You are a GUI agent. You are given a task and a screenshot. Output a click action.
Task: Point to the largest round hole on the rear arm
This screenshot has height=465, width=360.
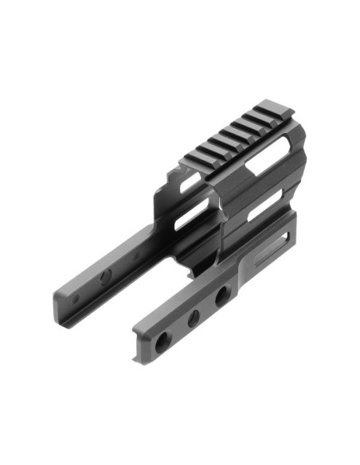tap(105, 276)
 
